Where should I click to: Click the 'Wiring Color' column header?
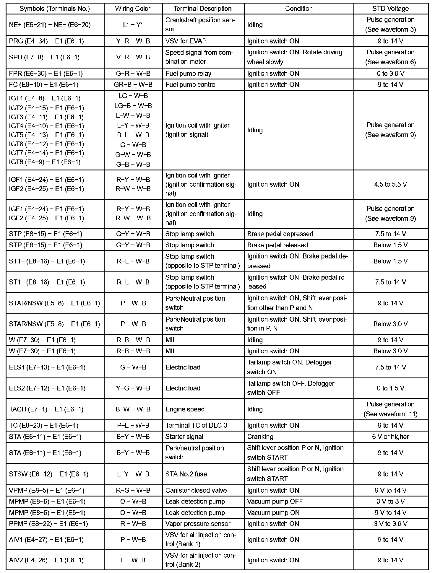(133, 9)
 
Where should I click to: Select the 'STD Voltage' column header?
(390, 9)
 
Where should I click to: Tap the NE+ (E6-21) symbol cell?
(50, 25)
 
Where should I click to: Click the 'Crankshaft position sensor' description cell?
(200, 25)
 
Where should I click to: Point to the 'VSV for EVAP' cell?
(186, 41)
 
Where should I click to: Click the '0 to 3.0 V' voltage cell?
(390, 74)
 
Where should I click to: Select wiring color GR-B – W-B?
(133, 85)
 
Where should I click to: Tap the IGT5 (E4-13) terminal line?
(46, 135)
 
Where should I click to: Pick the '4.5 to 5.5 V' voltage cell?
(390, 184)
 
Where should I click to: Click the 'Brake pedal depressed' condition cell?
(280, 234)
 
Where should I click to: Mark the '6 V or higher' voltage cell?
(390, 437)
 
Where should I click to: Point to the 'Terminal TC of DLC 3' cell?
(196, 425)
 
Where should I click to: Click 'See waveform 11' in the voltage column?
(390, 414)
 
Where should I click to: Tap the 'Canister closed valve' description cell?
(196, 490)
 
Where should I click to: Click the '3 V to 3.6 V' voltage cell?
(390, 524)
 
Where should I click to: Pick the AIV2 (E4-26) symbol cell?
(46, 560)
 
